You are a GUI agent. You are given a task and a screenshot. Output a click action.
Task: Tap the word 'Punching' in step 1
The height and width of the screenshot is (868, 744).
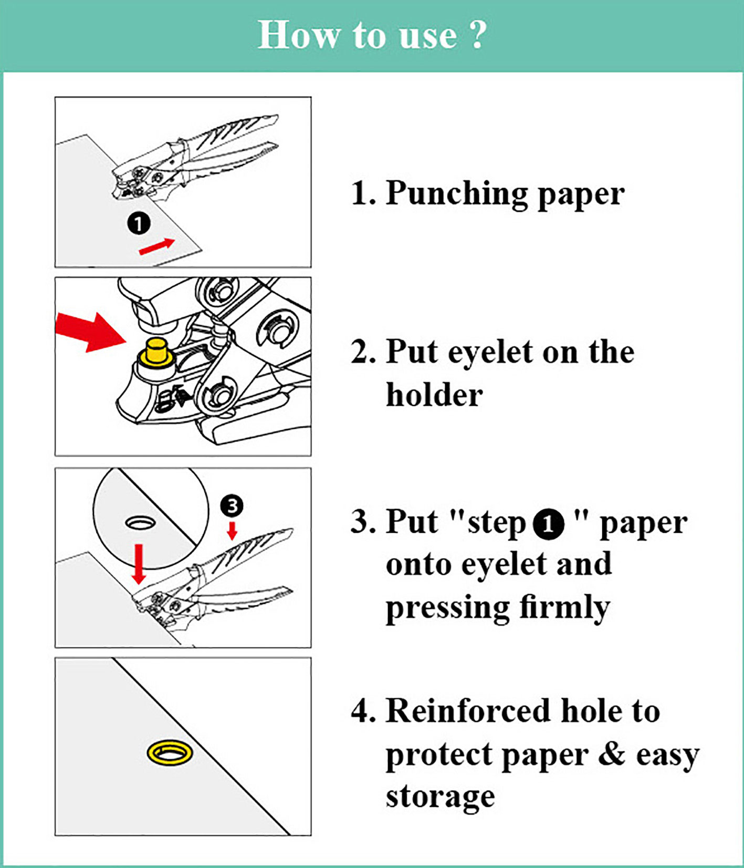(456, 194)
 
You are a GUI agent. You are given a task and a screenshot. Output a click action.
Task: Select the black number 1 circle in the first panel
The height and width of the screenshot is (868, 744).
(139, 224)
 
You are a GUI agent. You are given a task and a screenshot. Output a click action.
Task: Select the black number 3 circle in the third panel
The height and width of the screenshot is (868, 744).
(232, 505)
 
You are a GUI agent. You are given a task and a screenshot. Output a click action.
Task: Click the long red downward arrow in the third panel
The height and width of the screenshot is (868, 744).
(139, 564)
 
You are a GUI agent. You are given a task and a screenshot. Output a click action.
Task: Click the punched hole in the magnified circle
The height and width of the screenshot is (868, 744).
(140, 522)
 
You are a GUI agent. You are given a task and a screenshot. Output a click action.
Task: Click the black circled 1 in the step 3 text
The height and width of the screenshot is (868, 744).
(548, 524)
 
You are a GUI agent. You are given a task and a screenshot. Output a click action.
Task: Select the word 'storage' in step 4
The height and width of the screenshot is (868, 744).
(440, 797)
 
